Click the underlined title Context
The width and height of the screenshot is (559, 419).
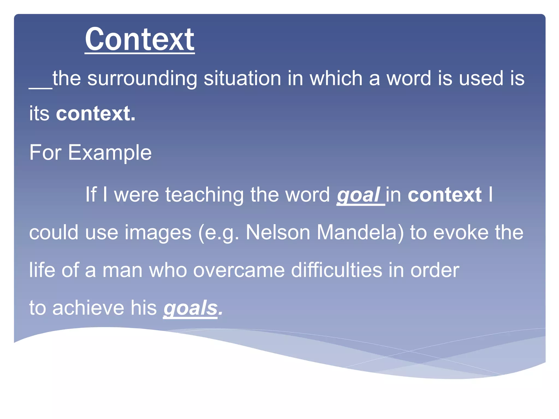[x=139, y=40]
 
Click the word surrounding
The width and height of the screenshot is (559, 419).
[x=142, y=79]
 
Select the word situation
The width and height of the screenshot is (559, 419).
[x=242, y=79]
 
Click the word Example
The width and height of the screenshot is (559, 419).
[x=109, y=153]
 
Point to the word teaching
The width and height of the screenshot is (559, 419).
[x=204, y=195]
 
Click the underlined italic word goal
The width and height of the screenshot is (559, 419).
[x=358, y=195]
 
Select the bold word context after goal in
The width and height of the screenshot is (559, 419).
[x=444, y=195]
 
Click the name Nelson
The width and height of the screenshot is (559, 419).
[x=278, y=233]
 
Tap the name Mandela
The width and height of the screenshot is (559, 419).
[x=360, y=233]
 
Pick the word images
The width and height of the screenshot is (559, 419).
[x=158, y=233]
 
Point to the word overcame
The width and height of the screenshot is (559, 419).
[x=239, y=270]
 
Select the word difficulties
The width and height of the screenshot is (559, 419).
[x=336, y=270]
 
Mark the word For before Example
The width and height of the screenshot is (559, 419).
[x=45, y=153]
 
